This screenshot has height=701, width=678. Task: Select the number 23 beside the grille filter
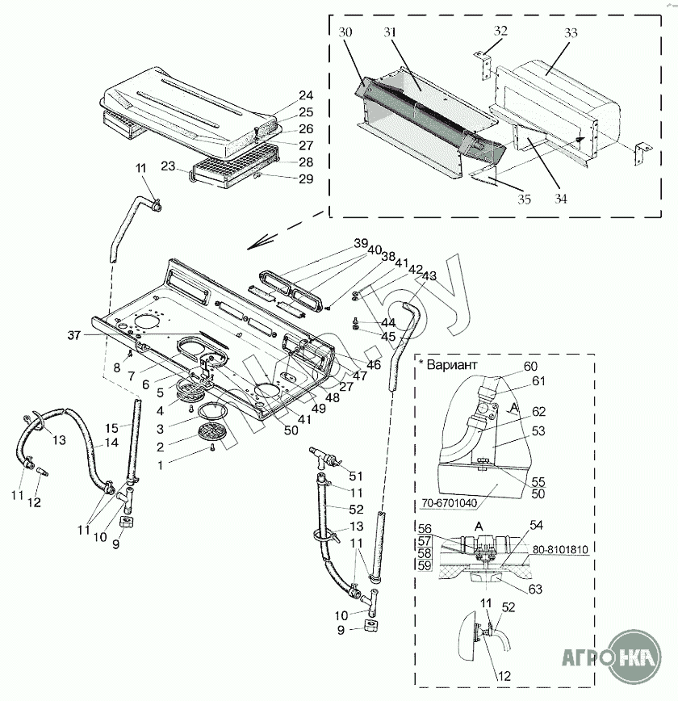(x=167, y=166)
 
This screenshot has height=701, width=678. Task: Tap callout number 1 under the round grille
(x=160, y=465)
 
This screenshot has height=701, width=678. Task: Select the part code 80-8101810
(x=559, y=549)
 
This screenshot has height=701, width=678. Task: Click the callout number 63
(x=535, y=589)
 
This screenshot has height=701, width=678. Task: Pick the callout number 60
(x=530, y=366)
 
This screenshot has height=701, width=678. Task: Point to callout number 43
(x=429, y=275)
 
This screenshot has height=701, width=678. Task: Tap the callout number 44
(x=366, y=323)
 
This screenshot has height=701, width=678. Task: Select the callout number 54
(x=535, y=526)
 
